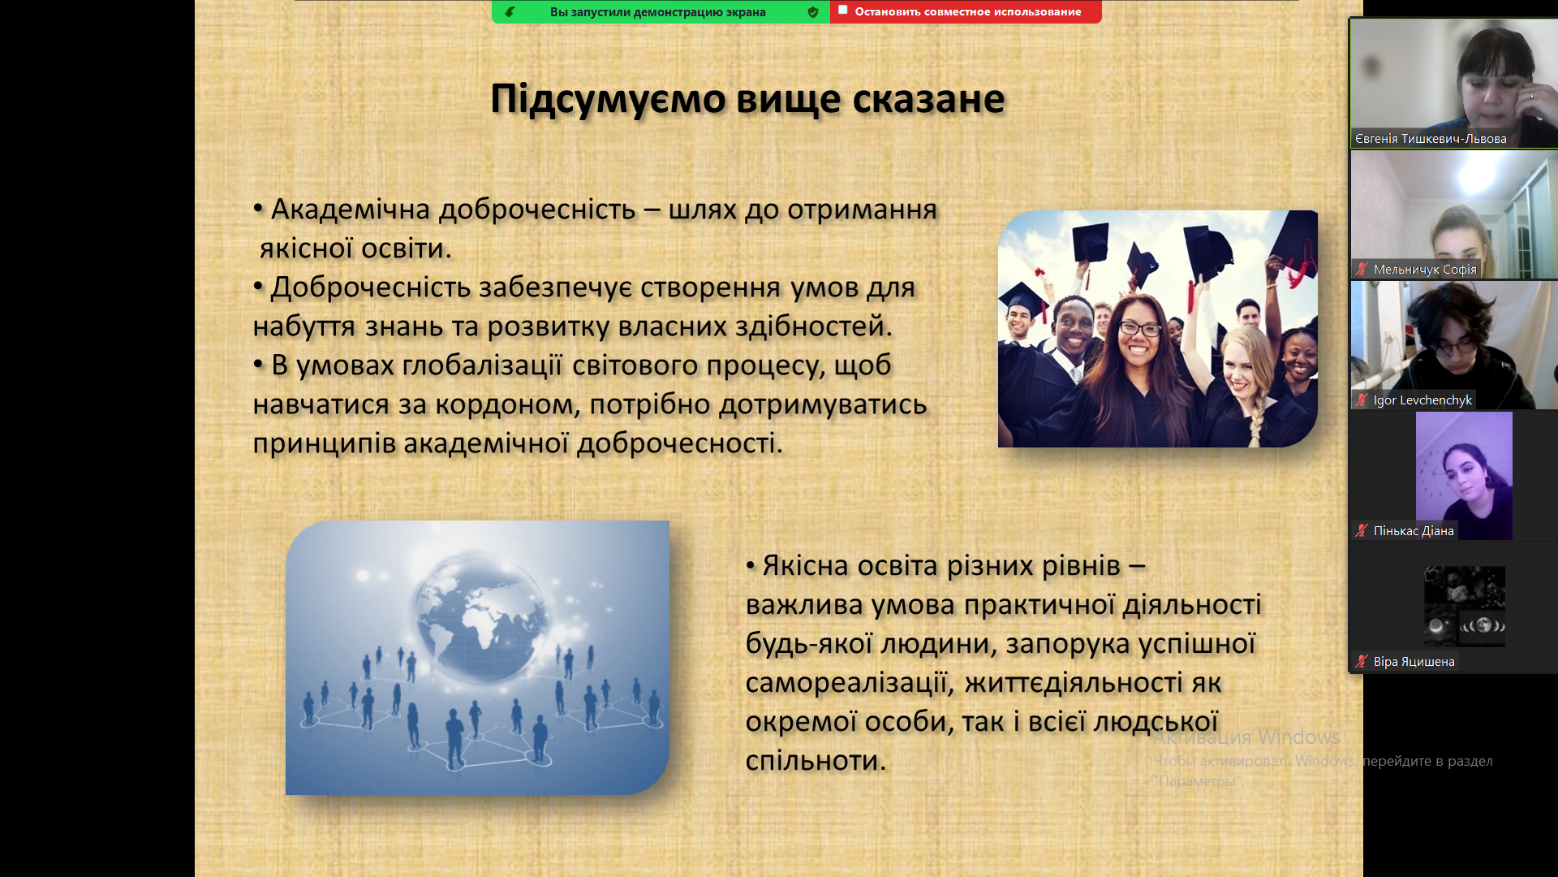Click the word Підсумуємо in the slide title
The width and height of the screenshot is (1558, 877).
[608, 99]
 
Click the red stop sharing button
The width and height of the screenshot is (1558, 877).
[966, 11]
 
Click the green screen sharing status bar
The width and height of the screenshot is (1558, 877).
[661, 11]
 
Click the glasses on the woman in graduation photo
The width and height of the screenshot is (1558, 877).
[1139, 328]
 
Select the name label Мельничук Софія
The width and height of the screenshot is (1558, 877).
[1425, 270]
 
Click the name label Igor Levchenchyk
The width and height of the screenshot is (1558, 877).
[1422, 400]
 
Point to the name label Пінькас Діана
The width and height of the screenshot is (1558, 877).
[1414, 531]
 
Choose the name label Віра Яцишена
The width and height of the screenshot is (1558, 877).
[1414, 662]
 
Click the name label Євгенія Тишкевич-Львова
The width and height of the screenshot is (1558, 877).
[1431, 139]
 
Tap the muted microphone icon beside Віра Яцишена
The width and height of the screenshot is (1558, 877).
[1362, 662]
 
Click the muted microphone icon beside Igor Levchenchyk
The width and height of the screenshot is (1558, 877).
[1362, 400]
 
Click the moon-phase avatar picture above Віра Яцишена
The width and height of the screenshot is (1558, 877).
[1465, 607]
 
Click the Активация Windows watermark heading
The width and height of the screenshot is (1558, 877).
[1246, 737]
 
